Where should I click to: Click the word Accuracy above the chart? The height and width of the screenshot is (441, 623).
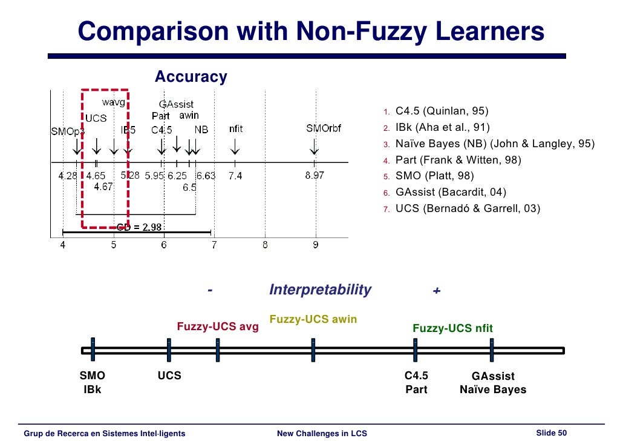click(191, 77)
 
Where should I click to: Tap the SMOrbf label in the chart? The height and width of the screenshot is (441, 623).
click(323, 128)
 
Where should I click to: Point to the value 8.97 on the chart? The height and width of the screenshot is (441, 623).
click(315, 176)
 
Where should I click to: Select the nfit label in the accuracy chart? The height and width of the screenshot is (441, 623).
click(236, 128)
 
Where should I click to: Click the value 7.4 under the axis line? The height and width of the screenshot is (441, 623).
click(235, 176)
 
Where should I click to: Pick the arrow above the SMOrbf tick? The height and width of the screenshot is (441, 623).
click(315, 147)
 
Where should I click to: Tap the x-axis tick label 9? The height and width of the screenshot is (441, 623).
click(315, 245)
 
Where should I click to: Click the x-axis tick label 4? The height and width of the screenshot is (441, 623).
click(63, 245)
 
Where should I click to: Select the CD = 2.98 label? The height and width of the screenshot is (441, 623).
click(139, 227)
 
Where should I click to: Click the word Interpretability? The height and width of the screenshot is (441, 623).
click(320, 290)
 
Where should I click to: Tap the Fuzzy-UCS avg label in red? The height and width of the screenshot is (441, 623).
click(217, 327)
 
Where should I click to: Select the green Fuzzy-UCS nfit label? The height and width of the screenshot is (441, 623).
click(452, 328)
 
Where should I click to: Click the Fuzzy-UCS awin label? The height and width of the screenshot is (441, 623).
click(313, 319)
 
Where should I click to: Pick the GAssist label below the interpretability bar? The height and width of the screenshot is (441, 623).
click(492, 376)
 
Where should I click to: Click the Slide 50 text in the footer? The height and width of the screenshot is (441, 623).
click(551, 432)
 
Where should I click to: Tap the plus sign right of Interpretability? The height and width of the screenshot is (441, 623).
click(437, 291)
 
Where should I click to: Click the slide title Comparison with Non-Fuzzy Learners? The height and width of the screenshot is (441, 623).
click(311, 32)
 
